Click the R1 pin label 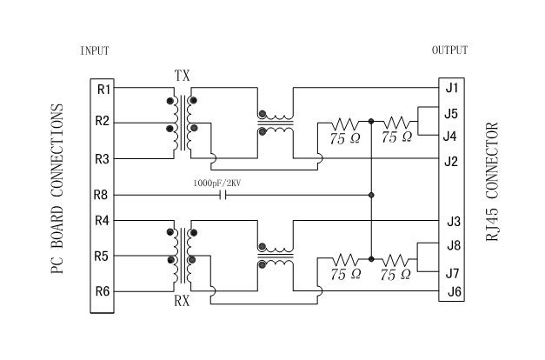point(103,89)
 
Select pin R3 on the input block point(103,159)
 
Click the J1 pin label point(452,88)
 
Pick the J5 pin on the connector point(452,113)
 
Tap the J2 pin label point(452,160)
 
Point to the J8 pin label point(452,246)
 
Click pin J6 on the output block point(452,292)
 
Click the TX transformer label point(182,76)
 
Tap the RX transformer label point(182,303)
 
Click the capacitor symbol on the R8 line point(224,194)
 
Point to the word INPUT point(95,50)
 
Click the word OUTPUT point(449,50)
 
